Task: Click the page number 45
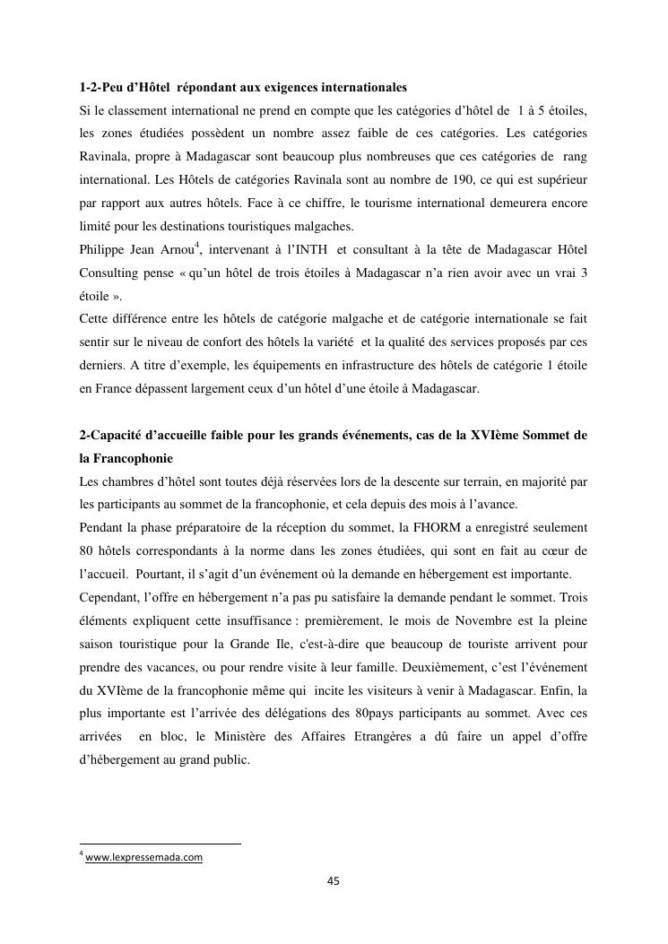click(x=334, y=880)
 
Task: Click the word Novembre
click(x=472, y=620)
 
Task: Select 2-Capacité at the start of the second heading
click(x=114, y=435)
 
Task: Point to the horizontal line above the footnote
click(x=160, y=843)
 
